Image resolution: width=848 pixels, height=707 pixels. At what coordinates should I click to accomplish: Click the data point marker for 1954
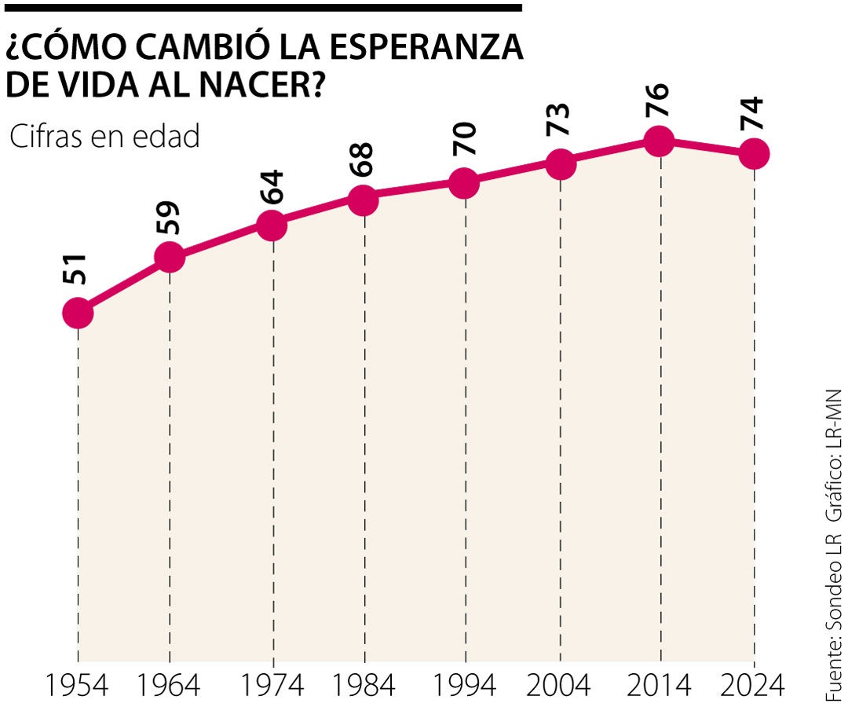pyautogui.click(x=78, y=313)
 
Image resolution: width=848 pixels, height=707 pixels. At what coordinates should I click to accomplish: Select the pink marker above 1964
pyautogui.click(x=170, y=257)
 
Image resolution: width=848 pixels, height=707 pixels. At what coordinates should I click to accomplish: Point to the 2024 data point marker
pyautogui.click(x=754, y=154)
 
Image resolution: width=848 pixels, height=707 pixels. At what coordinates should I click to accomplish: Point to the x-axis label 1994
pyautogui.click(x=466, y=686)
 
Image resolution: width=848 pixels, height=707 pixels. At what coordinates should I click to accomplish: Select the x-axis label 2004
pyautogui.click(x=560, y=686)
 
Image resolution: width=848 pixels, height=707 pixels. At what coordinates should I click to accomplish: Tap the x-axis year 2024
pyautogui.click(x=754, y=686)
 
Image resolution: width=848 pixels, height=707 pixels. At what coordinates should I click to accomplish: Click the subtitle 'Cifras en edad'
pyautogui.click(x=104, y=136)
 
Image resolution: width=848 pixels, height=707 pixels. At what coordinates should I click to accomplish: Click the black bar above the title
pyautogui.click(x=261, y=8)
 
